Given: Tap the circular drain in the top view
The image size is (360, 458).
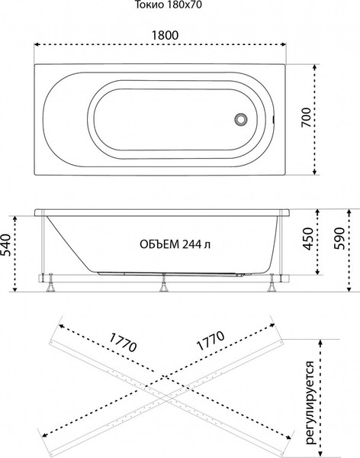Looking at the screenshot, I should coord(242,120).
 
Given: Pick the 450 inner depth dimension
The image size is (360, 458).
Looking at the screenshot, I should coord(308,240).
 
